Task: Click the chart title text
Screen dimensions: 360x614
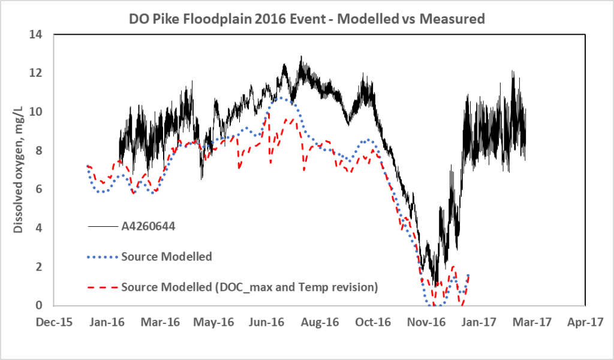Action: click(306, 19)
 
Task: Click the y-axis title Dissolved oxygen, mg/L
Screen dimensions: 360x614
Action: click(19, 170)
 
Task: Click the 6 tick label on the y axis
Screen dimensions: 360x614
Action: click(45, 190)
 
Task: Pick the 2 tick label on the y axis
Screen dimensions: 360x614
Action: click(45, 267)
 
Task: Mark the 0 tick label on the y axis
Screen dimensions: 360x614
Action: click(45, 305)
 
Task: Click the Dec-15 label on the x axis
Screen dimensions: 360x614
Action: click(54, 322)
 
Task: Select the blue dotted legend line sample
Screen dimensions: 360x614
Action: click(103, 257)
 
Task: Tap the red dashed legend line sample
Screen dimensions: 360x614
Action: click(103, 287)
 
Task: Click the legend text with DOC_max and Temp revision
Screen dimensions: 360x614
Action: click(249, 287)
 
